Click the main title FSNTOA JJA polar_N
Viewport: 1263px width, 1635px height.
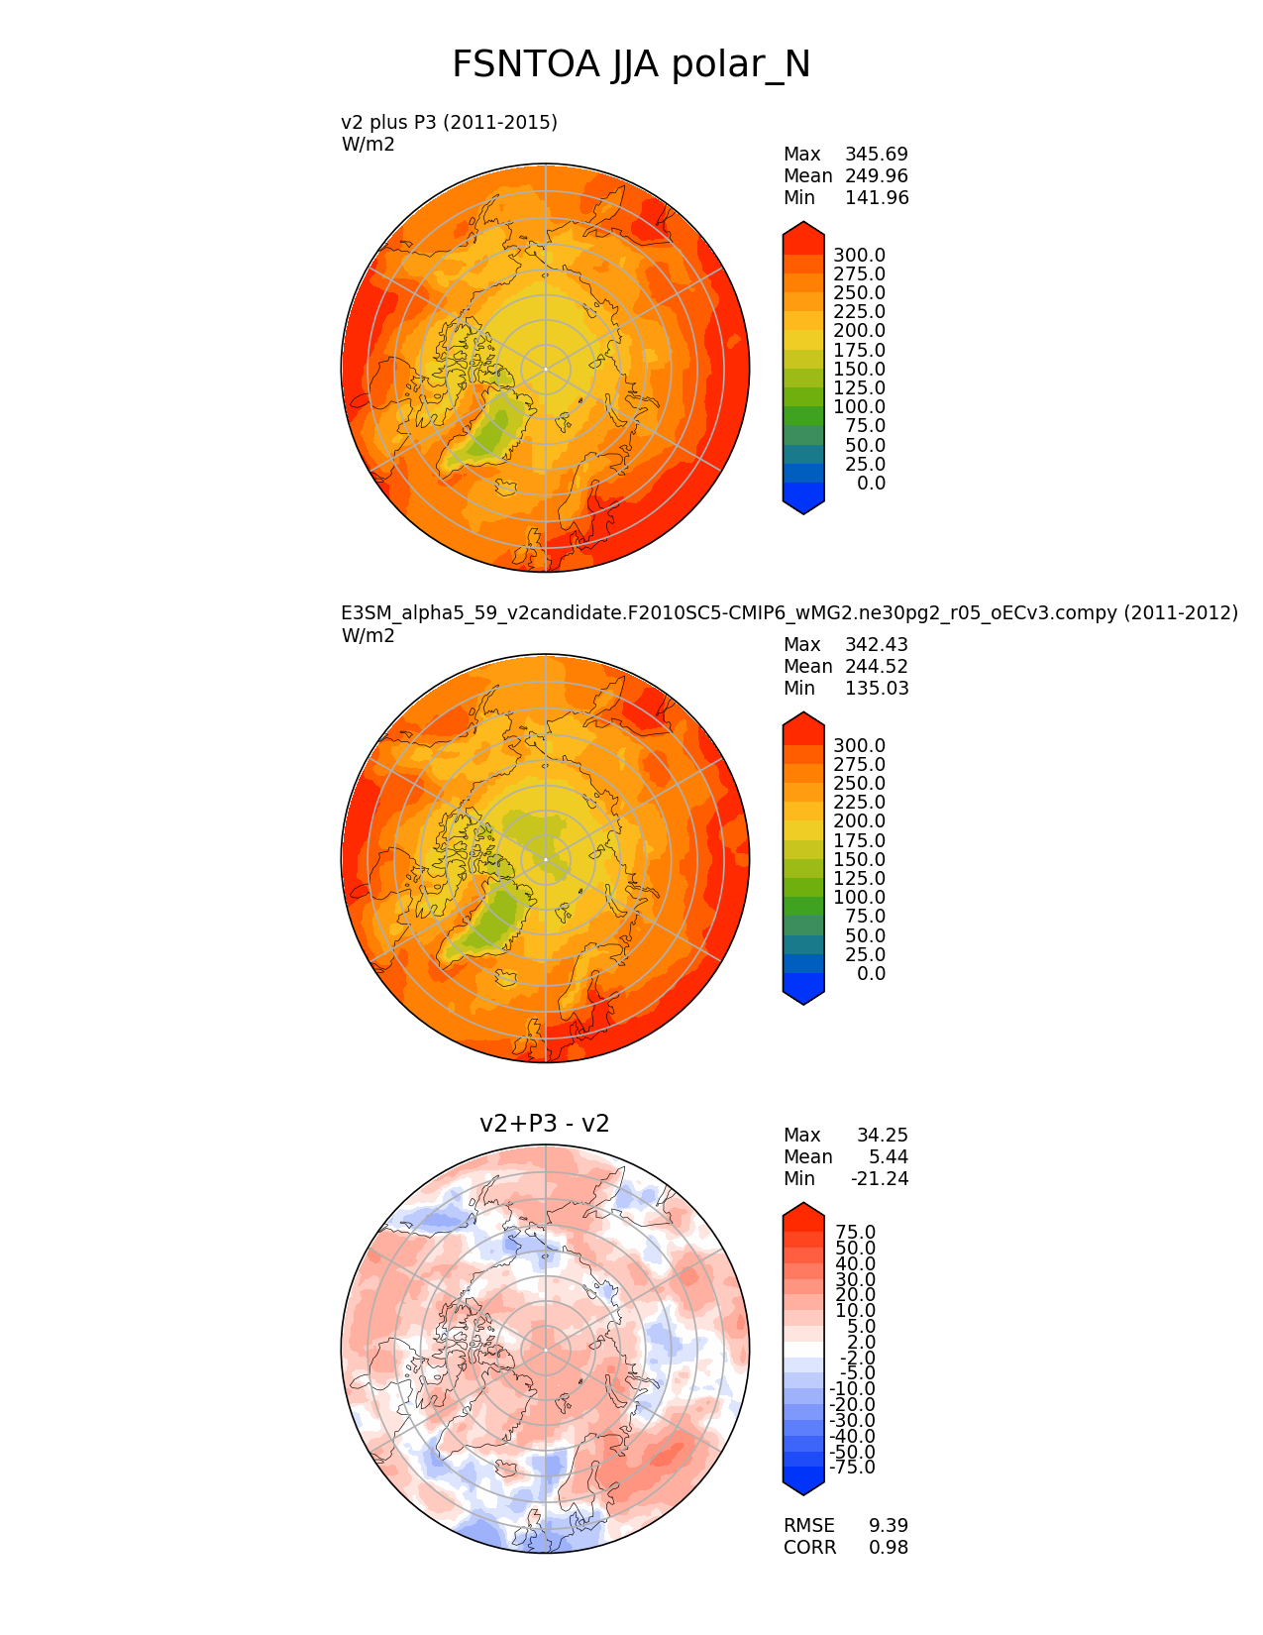(631, 65)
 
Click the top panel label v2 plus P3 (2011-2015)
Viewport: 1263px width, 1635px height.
(449, 122)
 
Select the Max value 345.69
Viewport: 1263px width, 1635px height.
(876, 155)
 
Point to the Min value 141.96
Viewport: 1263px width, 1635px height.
(876, 198)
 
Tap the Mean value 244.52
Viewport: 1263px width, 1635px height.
(876, 667)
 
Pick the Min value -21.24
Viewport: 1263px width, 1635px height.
(879, 1179)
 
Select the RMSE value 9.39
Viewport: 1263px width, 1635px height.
(889, 1526)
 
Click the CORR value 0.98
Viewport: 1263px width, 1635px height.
(889, 1548)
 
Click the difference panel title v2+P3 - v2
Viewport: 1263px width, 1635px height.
(544, 1124)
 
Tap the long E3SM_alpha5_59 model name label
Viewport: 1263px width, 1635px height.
(789, 613)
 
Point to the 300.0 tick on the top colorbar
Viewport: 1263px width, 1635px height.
(859, 256)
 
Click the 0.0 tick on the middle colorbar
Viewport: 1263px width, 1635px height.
(871, 974)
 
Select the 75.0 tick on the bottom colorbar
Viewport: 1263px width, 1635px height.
(856, 1233)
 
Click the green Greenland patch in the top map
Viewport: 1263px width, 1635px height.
(492, 430)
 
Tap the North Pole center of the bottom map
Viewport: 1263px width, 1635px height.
(546, 1350)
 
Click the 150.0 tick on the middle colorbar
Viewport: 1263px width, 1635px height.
(859, 860)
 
